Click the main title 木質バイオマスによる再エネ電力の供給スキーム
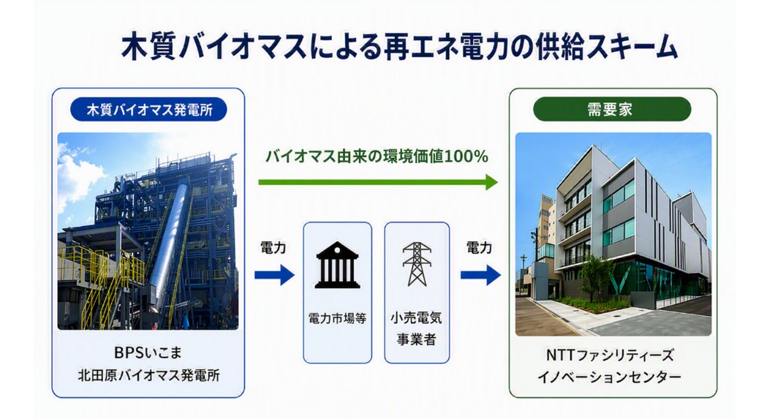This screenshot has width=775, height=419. [399, 48]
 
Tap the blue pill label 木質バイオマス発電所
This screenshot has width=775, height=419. [148, 110]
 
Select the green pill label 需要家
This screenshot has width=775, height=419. [611, 109]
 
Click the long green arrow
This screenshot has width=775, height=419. [377, 182]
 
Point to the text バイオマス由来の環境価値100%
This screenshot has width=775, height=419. [377, 156]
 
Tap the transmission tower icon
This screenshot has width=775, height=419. [417, 264]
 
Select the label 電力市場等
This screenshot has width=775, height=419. [337, 319]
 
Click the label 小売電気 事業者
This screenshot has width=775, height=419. [417, 328]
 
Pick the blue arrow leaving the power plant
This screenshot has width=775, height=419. [274, 275]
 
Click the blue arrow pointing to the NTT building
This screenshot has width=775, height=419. [480, 275]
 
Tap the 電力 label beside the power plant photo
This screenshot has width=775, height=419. [273, 248]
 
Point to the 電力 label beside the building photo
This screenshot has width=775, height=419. [479, 248]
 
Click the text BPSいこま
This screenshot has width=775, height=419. [148, 352]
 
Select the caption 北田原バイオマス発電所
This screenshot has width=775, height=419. [148, 376]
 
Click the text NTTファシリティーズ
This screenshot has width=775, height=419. [610, 355]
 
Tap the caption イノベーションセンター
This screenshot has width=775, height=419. [610, 377]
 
